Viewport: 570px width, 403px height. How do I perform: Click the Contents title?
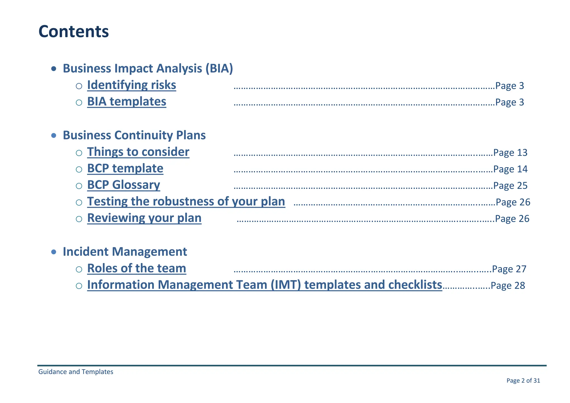tap(73, 31)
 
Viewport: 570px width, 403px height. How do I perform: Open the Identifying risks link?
tap(131, 85)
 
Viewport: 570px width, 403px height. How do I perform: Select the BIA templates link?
tap(126, 102)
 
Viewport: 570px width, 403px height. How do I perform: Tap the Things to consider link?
tap(138, 152)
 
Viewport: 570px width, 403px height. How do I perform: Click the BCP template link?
tap(125, 168)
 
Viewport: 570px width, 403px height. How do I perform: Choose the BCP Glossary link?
tap(123, 185)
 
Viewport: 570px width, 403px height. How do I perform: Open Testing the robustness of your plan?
tap(186, 202)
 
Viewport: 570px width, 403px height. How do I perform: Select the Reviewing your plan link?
tap(144, 218)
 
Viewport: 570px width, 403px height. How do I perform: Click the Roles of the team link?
tap(136, 268)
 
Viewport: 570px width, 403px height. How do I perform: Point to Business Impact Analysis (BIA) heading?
tap(148, 68)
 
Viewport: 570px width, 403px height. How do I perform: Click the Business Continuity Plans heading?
tap(134, 135)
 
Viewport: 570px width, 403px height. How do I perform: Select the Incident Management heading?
tap(125, 252)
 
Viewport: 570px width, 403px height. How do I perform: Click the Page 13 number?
tap(510, 153)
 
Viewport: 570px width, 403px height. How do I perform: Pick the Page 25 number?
tap(510, 186)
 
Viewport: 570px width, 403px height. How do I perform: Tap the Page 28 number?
tap(508, 286)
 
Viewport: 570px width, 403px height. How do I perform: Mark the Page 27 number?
tap(509, 269)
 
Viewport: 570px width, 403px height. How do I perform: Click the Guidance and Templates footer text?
tap(76, 372)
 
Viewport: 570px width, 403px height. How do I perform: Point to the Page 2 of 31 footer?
tap(523, 380)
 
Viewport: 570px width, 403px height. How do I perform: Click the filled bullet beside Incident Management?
tap(54, 252)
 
